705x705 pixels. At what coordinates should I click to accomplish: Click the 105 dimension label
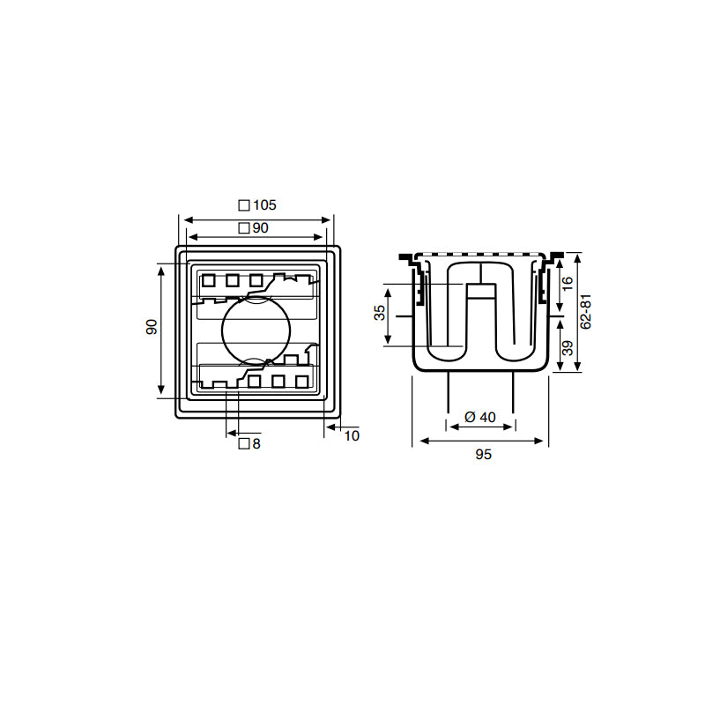click(x=264, y=205)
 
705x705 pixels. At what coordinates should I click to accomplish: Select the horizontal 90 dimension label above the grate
click(x=260, y=228)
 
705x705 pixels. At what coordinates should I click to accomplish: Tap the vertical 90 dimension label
click(x=152, y=327)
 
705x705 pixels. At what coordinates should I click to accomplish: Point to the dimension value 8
click(x=256, y=444)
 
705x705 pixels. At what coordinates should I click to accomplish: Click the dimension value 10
click(x=352, y=435)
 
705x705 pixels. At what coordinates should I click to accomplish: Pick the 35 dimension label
click(x=380, y=313)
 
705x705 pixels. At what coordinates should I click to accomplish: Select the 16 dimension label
click(x=568, y=283)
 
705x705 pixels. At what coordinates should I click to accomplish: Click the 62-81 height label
click(x=585, y=312)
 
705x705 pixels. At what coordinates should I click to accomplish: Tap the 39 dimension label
click(x=568, y=348)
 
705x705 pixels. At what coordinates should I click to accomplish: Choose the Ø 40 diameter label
click(x=480, y=417)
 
